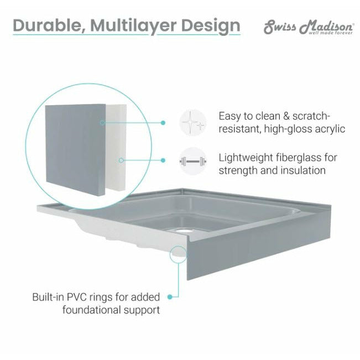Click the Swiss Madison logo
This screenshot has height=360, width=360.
pyautogui.click(x=309, y=27)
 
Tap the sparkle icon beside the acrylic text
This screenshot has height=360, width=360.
pyautogui.click(x=193, y=122)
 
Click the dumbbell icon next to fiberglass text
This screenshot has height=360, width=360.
pyautogui.click(x=193, y=161)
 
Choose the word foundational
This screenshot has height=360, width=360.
pyautogui.click(x=92, y=310)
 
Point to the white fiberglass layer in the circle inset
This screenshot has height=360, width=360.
pyautogui.click(x=117, y=147)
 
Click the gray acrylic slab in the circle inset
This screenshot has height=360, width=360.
pyautogui.click(x=76, y=150)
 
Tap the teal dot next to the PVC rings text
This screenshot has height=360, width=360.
pyautogui.click(x=170, y=297)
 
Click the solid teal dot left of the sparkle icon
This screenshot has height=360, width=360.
pyautogui.click(x=163, y=123)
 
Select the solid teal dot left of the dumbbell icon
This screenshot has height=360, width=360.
pyautogui.click(x=163, y=160)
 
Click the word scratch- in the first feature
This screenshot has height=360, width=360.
pyautogui.click(x=311, y=116)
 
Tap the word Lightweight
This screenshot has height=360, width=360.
pyautogui.click(x=246, y=158)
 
